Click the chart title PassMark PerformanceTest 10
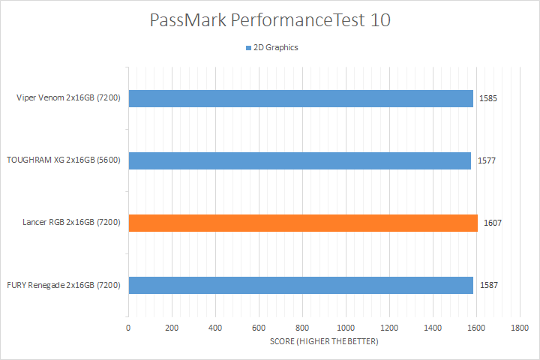click(270, 20)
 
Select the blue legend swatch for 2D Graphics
click(247, 48)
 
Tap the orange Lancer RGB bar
click(303, 223)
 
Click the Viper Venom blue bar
click(301, 99)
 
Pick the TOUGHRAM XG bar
click(300, 161)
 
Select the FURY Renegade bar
click(301, 285)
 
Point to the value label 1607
click(492, 223)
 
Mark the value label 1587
click(489, 285)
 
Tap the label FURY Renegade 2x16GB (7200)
click(64, 285)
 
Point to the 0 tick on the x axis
click(129, 328)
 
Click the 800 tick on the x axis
click(302, 328)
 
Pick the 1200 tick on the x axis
click(389, 328)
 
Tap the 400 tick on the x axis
click(216, 328)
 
